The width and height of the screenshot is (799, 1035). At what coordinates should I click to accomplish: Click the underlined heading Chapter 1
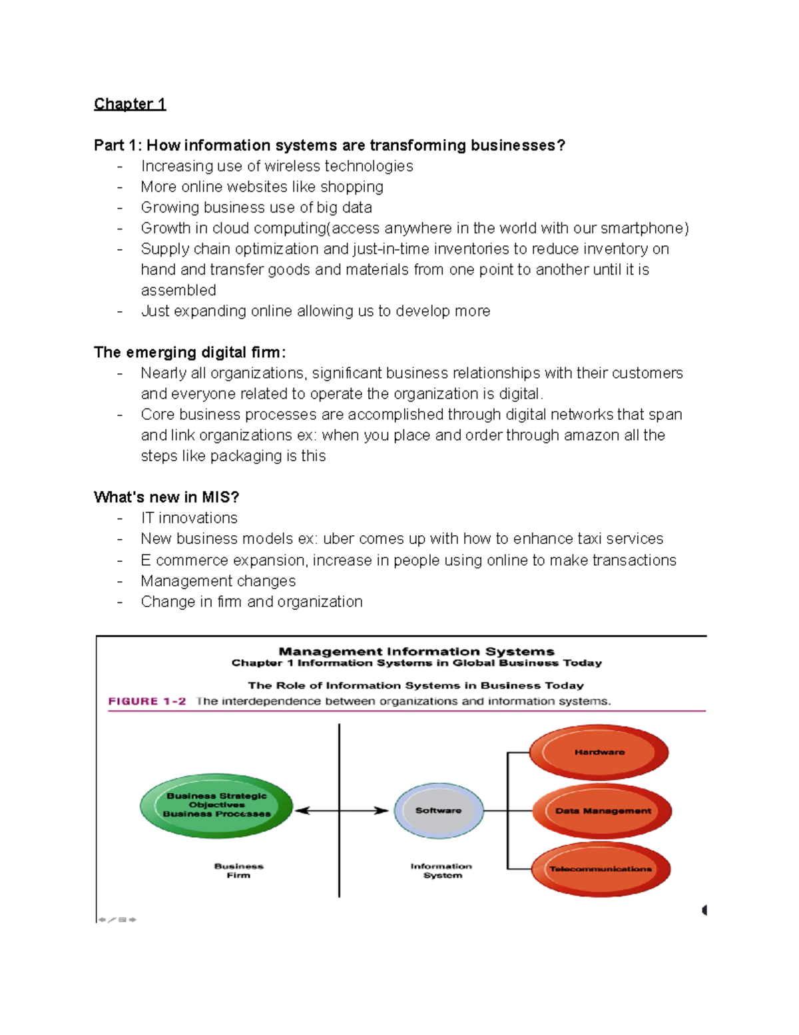click(130, 104)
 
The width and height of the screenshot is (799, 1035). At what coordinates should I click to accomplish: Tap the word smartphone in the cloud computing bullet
click(642, 228)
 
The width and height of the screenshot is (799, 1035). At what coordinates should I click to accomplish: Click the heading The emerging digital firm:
click(190, 352)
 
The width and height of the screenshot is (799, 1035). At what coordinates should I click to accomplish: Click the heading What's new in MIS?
click(166, 497)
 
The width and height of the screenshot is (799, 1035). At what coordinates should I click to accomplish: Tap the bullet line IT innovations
click(189, 518)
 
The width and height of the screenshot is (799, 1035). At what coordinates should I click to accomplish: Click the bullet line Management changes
click(218, 580)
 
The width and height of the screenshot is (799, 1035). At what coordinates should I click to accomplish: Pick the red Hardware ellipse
click(599, 752)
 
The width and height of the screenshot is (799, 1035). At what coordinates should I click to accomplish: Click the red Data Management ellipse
click(603, 810)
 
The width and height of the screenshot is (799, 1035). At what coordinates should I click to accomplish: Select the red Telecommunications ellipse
click(601, 868)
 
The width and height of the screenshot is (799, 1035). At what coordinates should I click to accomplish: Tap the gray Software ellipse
click(438, 810)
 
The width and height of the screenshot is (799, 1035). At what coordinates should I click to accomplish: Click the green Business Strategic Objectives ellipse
click(216, 805)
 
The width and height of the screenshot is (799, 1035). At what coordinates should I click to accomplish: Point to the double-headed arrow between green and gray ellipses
click(341, 810)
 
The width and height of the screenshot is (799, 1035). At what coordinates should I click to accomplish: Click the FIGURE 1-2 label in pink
click(147, 701)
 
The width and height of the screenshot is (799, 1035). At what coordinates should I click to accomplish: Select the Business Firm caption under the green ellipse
click(238, 870)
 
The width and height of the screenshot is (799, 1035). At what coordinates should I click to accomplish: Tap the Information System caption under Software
click(441, 870)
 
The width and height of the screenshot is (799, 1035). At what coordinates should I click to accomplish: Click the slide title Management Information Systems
click(416, 651)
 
